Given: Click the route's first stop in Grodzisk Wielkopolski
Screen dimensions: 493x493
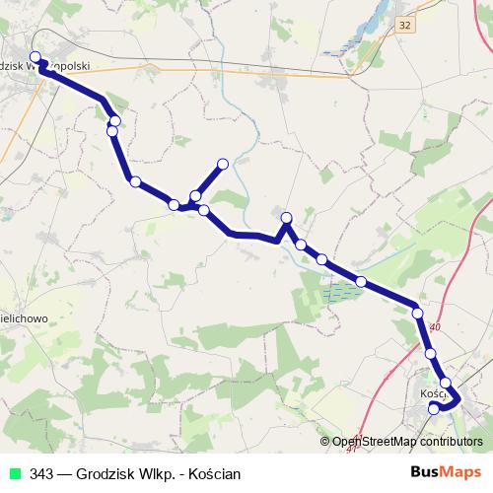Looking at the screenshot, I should click(x=35, y=56).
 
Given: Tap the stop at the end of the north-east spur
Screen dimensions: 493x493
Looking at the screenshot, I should click(x=223, y=164).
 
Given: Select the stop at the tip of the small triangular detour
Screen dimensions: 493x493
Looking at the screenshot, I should click(x=287, y=218).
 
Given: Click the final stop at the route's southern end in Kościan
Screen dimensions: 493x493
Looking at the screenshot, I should click(x=434, y=408).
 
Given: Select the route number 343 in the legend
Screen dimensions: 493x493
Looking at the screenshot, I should click(x=42, y=473).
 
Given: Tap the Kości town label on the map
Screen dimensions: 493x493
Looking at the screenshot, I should click(x=432, y=392).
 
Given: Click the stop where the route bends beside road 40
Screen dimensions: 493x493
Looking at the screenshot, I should click(x=418, y=314).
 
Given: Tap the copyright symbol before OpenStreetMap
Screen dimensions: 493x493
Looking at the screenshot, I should click(x=326, y=442).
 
